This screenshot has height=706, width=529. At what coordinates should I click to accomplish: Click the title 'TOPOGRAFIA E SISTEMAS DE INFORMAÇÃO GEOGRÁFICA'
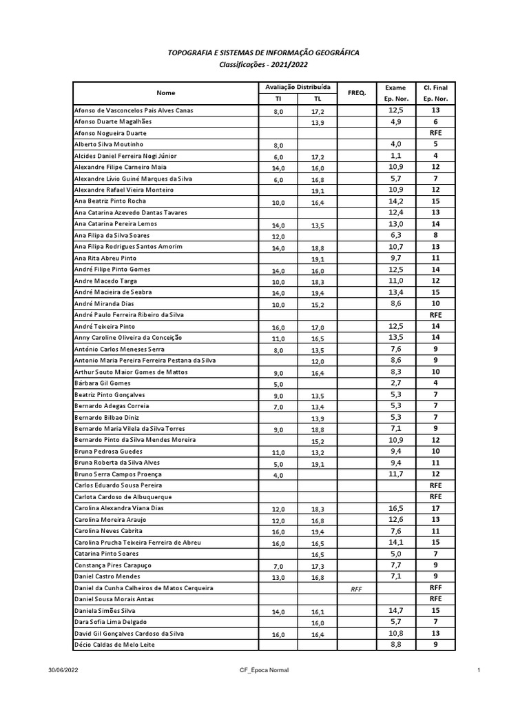click(264, 52)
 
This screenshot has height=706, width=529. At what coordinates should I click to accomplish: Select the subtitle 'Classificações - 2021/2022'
click(264, 64)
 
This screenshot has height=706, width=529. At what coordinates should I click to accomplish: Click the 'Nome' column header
click(165, 92)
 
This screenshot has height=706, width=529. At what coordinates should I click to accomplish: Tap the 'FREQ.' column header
click(357, 92)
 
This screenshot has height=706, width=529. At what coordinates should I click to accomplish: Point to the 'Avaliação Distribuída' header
click(298, 87)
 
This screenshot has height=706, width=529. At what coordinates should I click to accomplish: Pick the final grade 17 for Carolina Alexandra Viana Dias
click(435, 507)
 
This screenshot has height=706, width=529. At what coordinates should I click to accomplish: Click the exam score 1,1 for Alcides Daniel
click(395, 156)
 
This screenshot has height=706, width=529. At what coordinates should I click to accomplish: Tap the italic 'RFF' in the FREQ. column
click(357, 588)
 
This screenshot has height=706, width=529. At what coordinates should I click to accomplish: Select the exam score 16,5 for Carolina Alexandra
click(395, 507)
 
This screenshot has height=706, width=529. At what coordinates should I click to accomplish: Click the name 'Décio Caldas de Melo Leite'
click(114, 645)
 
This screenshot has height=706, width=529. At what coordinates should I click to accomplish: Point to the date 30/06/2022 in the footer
click(64, 670)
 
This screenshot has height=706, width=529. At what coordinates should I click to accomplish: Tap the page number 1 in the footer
click(477, 670)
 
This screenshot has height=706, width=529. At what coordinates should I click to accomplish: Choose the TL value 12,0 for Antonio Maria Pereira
click(318, 361)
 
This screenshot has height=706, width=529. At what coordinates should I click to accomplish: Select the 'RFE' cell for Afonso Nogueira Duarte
click(435, 133)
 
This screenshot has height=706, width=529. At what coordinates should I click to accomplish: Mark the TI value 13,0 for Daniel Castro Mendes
click(278, 578)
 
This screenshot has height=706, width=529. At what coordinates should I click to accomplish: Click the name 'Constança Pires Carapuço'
click(113, 565)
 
